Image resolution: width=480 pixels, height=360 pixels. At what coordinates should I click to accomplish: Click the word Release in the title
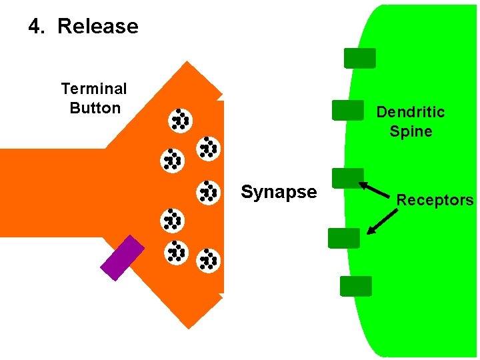pyautogui.click(x=98, y=27)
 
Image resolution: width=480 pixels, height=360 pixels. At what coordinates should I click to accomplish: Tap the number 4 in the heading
pyautogui.click(x=34, y=27)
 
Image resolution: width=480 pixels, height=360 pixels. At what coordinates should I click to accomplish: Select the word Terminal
pyautogui.click(x=94, y=89)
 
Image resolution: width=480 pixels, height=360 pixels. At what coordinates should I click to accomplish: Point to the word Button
pyautogui.click(x=95, y=108)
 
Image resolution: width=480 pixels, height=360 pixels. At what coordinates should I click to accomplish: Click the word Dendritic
pyautogui.click(x=410, y=112)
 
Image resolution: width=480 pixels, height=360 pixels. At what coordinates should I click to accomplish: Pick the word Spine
pyautogui.click(x=411, y=131)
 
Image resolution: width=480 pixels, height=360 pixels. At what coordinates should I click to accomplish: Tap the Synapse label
pyautogui.click(x=279, y=193)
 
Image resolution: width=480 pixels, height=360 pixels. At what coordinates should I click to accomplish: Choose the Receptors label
pyautogui.click(x=435, y=200)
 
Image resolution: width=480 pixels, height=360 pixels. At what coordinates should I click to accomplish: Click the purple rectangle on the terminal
pyautogui.click(x=122, y=257)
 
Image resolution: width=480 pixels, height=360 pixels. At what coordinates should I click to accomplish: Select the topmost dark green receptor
pyautogui.click(x=359, y=59)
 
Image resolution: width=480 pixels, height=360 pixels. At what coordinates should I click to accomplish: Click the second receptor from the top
pyautogui.click(x=347, y=110)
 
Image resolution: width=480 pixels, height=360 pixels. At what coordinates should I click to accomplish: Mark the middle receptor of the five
pyautogui.click(x=347, y=178)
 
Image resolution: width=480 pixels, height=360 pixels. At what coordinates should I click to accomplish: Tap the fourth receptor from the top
pyautogui.click(x=344, y=238)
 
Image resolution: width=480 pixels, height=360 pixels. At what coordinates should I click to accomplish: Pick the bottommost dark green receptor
pyautogui.click(x=355, y=286)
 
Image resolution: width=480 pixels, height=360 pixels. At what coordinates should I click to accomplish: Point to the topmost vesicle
pyautogui.click(x=180, y=119)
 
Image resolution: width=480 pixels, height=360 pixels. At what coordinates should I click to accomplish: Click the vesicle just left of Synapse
pyautogui.click(x=209, y=192)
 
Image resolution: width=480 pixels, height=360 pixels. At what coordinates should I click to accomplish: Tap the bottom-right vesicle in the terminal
pyautogui.click(x=208, y=260)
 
